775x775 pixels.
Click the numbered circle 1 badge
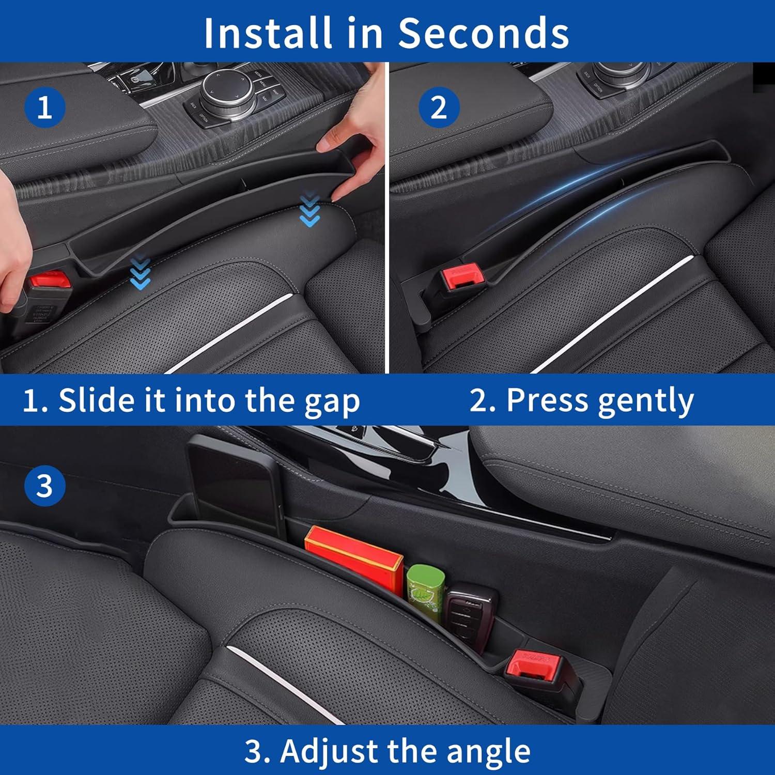click(x=45, y=108)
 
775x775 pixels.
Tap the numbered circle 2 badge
click(x=439, y=108)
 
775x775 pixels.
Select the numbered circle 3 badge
click(x=45, y=486)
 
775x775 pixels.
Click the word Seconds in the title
click(x=483, y=33)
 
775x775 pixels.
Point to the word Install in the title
click(x=267, y=33)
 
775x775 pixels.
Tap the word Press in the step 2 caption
click(x=547, y=399)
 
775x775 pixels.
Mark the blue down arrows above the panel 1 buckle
click(x=141, y=271)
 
